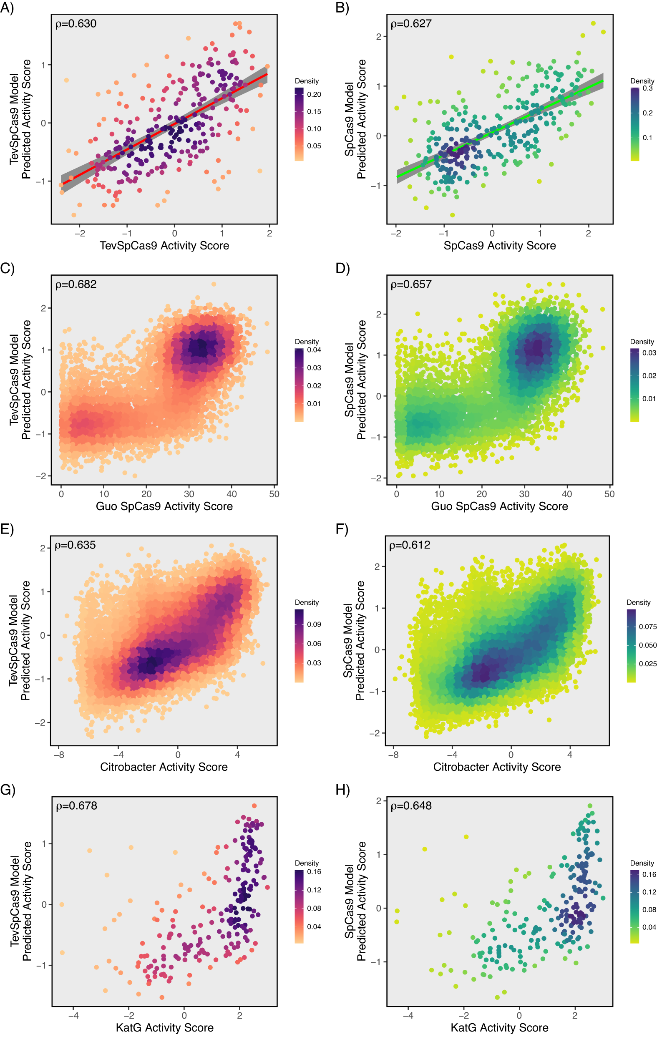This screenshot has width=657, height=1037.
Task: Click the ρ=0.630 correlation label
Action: tap(76, 24)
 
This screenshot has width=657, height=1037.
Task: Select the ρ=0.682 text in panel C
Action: tap(76, 284)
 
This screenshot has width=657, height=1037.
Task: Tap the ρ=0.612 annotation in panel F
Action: tap(410, 545)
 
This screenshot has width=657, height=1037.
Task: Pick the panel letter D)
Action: tap(343, 268)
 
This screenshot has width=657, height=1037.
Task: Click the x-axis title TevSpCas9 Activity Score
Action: tap(164, 245)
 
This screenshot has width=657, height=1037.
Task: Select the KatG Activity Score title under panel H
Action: tap(499, 1027)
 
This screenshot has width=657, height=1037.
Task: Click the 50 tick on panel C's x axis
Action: tap(274, 494)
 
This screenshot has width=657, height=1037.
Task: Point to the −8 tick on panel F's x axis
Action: tap(393, 755)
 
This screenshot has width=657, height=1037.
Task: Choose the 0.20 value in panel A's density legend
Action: tap(314, 94)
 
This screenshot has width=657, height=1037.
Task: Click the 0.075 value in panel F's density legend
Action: tap(647, 627)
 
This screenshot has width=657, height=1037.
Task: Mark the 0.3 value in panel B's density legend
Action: tap(647, 88)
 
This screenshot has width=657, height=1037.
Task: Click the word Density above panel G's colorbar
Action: tap(307, 863)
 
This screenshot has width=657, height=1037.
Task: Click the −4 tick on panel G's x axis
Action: tap(73, 1015)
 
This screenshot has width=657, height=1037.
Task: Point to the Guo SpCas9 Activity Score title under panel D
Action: tap(499, 506)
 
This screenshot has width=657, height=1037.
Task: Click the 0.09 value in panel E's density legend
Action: tap(314, 624)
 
